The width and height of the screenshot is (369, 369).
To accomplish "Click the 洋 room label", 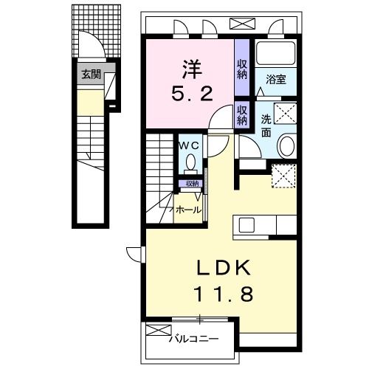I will pos(190,68).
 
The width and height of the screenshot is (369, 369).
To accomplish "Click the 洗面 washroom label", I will pos(266,124).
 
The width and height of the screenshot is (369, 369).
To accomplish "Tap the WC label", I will pos(188,145).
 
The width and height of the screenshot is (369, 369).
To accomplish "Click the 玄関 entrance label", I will pos(91,74).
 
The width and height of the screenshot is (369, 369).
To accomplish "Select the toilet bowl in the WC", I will pos(191,162).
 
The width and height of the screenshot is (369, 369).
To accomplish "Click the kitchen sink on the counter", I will pos(246,224).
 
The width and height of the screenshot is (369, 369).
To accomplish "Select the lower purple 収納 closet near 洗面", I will pos(242,116).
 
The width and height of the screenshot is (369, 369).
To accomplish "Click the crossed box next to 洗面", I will pos(286,114).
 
